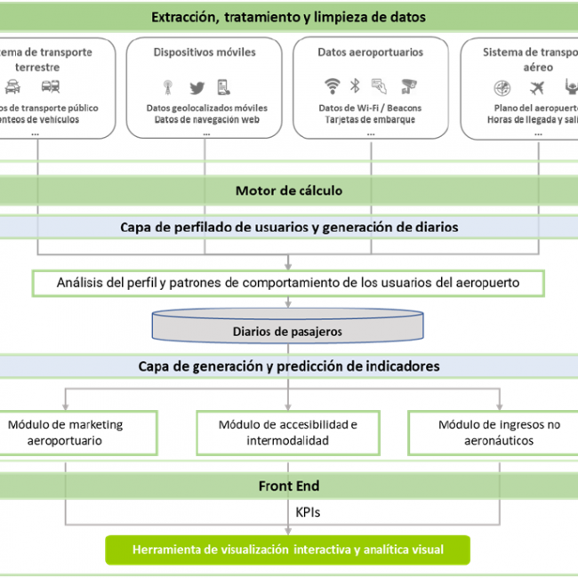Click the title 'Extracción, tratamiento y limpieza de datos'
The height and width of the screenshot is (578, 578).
click(288, 17)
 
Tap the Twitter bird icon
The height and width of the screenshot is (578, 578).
click(197, 87)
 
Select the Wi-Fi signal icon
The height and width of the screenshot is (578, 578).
click(332, 85)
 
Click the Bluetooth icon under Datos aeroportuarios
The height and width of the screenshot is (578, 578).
click(354, 86)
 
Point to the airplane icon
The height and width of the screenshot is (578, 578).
click(536, 87)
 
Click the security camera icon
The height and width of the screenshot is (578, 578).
click(408, 86)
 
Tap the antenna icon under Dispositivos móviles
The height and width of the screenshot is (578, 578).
click(166, 87)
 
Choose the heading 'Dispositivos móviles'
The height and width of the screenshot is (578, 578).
click(206, 52)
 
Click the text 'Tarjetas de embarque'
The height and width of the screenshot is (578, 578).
click(370, 120)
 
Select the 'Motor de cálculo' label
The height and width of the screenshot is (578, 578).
click(288, 190)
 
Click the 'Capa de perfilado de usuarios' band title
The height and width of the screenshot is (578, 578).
click(288, 227)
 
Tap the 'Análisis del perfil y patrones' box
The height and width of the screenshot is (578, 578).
click(288, 284)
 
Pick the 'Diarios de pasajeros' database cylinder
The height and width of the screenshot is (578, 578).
click(287, 327)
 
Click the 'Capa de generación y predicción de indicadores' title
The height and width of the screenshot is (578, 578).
click(288, 365)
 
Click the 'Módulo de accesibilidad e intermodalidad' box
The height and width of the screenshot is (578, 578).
click(287, 432)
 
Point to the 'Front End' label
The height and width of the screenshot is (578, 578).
click(288, 486)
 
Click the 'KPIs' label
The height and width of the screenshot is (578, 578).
click(308, 514)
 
